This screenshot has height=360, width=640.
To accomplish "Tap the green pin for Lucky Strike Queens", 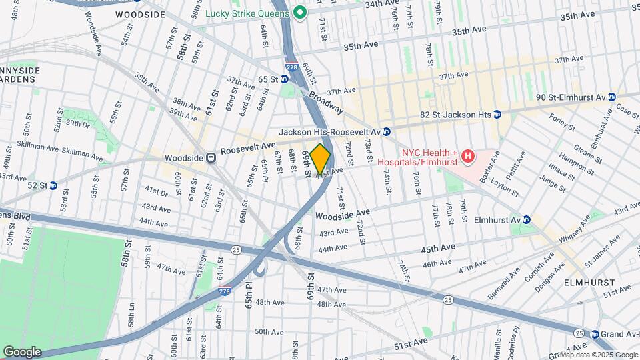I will [x=301, y=12].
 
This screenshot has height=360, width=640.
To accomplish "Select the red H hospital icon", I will [x=468, y=157].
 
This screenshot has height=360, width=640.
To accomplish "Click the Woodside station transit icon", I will [x=211, y=158].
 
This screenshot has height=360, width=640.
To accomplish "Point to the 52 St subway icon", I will [x=53, y=185].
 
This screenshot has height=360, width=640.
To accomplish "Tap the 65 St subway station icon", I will [x=285, y=79].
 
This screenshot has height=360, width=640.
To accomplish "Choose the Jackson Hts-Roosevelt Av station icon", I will [x=386, y=132].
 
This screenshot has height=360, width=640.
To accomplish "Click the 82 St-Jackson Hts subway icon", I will [x=496, y=114].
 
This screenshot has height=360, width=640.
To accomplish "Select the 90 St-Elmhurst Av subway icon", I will [x=612, y=97].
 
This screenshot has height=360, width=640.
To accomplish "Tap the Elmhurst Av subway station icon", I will [x=526, y=219].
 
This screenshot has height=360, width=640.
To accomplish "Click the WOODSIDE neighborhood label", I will [x=140, y=14].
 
